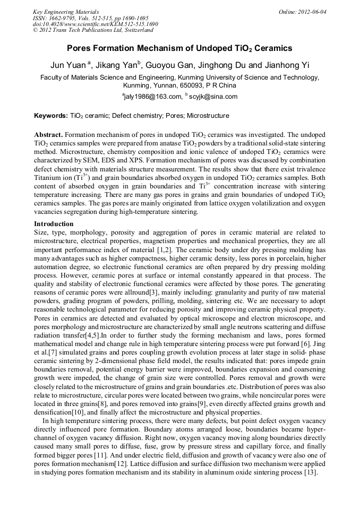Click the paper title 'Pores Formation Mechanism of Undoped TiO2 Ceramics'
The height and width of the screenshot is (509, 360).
pos(179,48)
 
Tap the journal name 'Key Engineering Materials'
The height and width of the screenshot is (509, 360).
pos(65,12)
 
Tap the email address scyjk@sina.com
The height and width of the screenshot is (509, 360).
pos(212,97)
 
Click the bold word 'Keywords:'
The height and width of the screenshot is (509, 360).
pos(51,115)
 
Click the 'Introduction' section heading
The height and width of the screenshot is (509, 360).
pos(54,225)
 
